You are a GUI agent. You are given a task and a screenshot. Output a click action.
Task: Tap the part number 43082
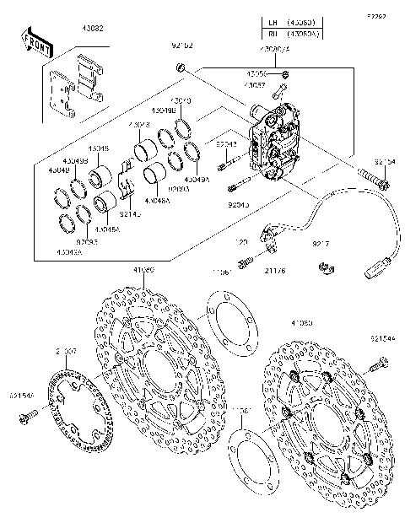click(x=94, y=29)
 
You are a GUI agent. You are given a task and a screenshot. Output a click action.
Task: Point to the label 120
click(x=240, y=242)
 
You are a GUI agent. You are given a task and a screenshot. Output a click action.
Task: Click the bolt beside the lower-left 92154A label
click(x=32, y=414)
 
